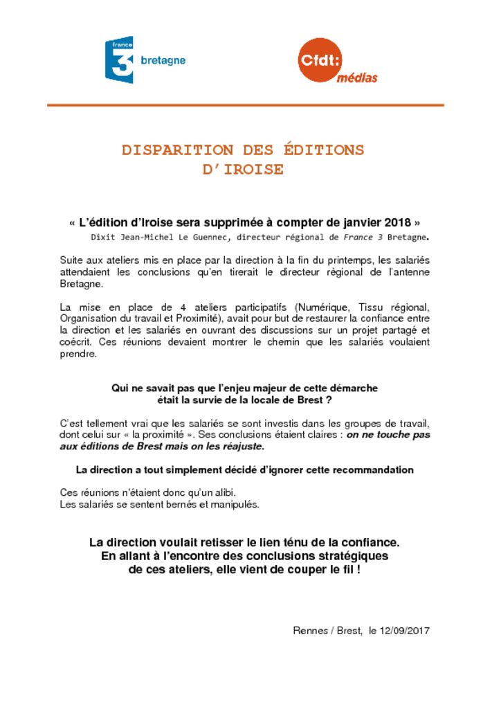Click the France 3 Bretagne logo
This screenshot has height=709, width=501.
144,60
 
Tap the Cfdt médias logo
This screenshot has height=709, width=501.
337,62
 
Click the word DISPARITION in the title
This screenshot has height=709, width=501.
177,150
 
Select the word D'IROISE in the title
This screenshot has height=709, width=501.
243,170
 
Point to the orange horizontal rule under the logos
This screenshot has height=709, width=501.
245,105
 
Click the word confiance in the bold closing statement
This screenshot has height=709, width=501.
365,542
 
